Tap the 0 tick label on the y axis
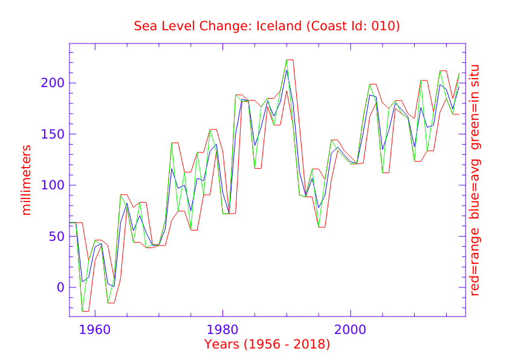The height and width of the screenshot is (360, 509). coord(60,287)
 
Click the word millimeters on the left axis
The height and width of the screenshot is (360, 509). coord(27,180)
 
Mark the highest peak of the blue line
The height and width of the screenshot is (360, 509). coord(287,70)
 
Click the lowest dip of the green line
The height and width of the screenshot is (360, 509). coord(83,311)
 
